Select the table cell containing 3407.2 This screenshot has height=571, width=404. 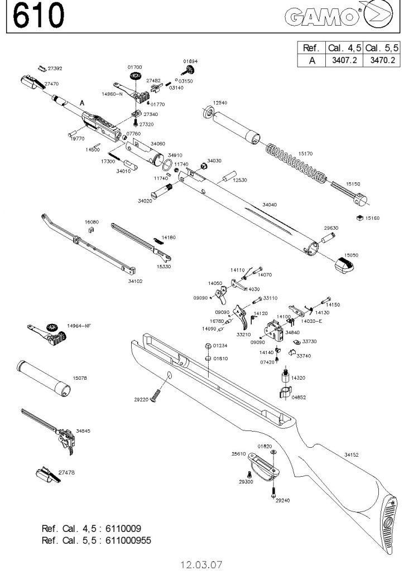tap(344, 60)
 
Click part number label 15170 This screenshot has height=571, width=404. tap(305, 152)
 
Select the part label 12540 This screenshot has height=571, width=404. tap(220, 103)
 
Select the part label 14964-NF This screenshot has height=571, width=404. tap(79, 326)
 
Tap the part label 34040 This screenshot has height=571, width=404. tap(269, 205)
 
